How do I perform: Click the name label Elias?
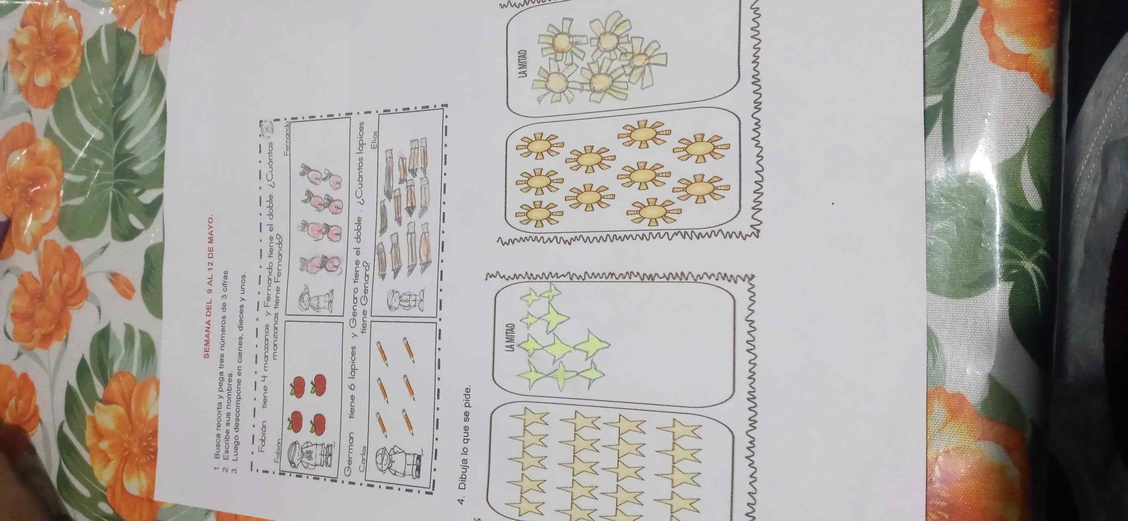(x=374, y=140)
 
